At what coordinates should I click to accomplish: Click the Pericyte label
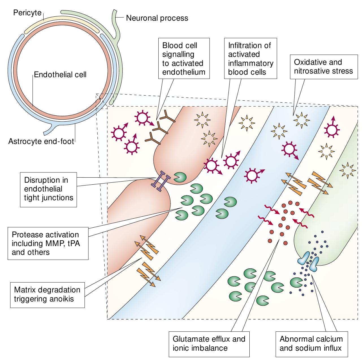point(27,13)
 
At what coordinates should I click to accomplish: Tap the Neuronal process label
point(157,18)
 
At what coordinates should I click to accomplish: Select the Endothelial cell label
point(60,75)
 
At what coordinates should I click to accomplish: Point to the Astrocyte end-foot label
point(41,141)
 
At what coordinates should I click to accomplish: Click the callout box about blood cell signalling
point(183,58)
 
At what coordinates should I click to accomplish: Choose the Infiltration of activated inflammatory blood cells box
point(250,58)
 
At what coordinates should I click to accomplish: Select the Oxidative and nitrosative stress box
point(323,66)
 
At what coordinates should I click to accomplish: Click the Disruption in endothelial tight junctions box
point(49,189)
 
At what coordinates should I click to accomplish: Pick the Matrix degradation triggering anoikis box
point(47,294)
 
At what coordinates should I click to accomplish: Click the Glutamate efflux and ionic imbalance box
point(209,343)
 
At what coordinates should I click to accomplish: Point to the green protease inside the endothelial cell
point(180,177)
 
